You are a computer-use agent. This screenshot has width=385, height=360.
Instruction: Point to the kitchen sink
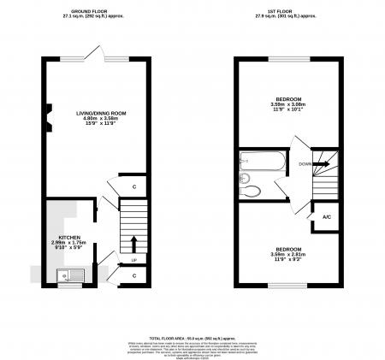[62, 274]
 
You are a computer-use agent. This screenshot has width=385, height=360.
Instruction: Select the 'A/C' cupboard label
[326, 218]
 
